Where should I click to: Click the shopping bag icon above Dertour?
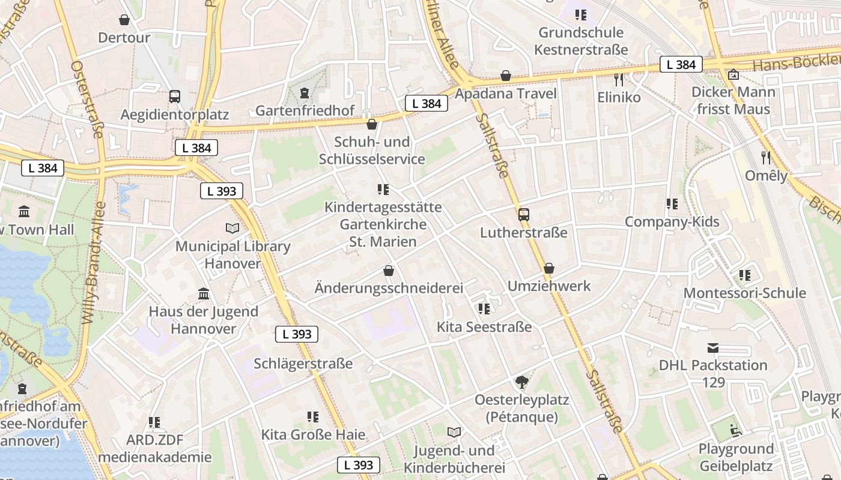click(x=124, y=20)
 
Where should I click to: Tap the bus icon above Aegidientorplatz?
click(x=175, y=96)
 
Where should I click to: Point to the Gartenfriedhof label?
click(x=305, y=110)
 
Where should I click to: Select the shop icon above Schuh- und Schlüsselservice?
click(x=372, y=124)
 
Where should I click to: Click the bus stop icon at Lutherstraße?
click(x=524, y=214)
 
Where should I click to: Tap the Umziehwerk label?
click(x=549, y=286)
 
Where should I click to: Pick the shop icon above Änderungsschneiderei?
click(x=389, y=271)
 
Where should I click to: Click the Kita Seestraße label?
click(x=484, y=327)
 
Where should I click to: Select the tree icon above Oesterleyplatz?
click(x=522, y=382)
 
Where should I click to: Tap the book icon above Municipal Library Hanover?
click(x=232, y=229)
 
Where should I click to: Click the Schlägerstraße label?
click(x=303, y=364)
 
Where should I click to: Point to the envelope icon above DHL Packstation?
click(x=713, y=348)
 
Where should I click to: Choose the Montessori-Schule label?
click(x=744, y=293)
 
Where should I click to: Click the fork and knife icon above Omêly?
click(x=766, y=158)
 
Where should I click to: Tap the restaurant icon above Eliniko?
click(x=619, y=79)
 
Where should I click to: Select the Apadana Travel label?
click(x=505, y=94)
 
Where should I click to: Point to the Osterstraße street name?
click(x=87, y=99)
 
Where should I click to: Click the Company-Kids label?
click(x=672, y=221)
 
